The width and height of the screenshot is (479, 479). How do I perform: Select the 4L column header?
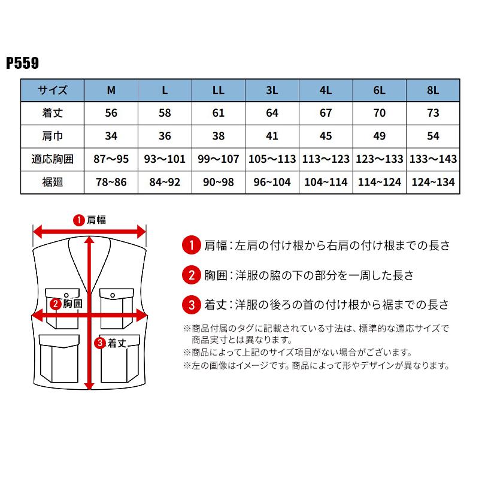326,90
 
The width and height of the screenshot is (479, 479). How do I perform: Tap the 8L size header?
433,90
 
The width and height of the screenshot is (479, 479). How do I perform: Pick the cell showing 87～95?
111,159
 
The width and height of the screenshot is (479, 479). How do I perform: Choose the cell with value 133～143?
433,159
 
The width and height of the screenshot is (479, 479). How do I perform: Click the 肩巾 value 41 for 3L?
272,136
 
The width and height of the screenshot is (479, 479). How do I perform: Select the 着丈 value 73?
433,113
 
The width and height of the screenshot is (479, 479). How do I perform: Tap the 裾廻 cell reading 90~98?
219,181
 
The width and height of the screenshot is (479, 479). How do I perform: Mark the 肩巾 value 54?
433,136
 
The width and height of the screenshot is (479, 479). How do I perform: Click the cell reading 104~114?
326,181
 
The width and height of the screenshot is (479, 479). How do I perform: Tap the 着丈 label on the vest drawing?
116,343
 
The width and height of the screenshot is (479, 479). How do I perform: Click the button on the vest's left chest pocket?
66,294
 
